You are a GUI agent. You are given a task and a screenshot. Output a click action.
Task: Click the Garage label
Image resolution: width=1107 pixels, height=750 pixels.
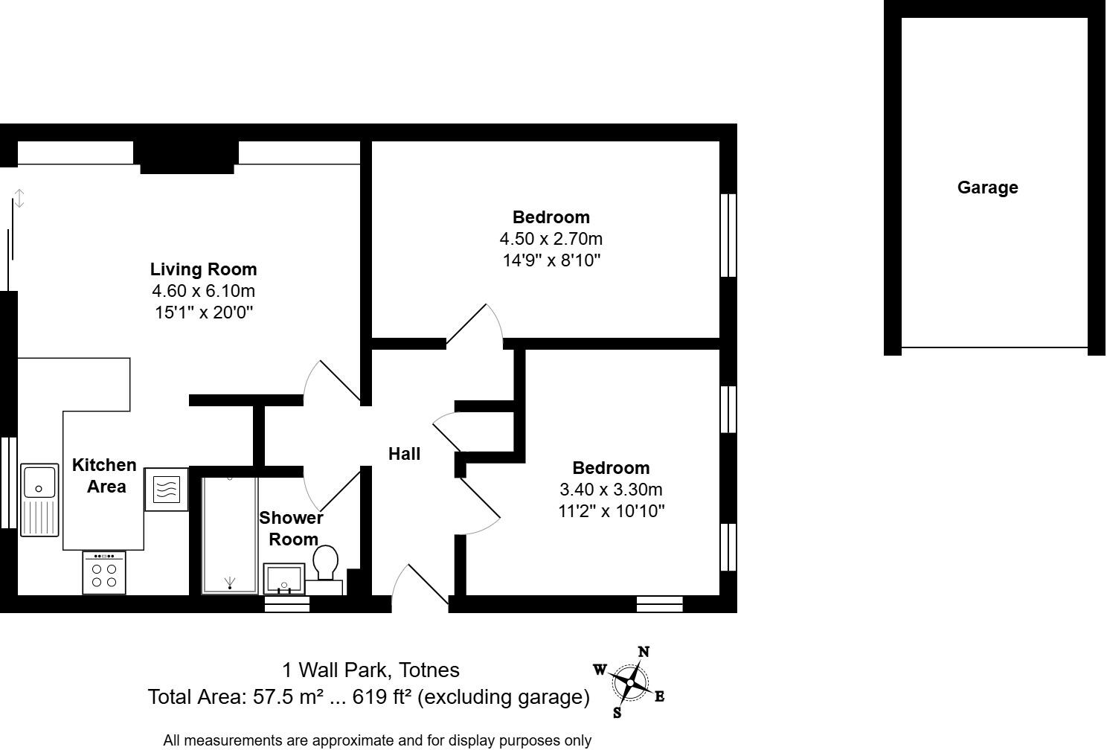(987, 187)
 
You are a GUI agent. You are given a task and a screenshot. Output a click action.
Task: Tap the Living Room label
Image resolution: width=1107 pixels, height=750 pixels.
(203, 269)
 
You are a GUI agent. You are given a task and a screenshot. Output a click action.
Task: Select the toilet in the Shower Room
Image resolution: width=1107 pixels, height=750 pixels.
(325, 562)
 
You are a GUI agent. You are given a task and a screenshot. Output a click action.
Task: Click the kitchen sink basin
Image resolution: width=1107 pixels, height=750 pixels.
(39, 481)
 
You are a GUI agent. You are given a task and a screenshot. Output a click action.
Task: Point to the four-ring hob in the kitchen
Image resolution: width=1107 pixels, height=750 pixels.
(104, 574)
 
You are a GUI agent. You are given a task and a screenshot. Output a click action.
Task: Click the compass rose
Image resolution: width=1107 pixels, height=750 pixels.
(630, 682)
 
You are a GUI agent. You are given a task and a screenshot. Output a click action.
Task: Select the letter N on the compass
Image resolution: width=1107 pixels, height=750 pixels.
(644, 653)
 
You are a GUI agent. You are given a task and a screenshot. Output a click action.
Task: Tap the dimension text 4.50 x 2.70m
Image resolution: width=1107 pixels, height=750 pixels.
(551, 239)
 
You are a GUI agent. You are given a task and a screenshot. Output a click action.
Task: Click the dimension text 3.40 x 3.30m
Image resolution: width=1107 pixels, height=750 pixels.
(611, 490)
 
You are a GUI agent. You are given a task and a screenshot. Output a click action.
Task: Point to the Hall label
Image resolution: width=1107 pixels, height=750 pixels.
(404, 454)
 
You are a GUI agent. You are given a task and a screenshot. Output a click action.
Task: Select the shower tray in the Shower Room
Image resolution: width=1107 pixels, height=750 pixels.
(230, 534)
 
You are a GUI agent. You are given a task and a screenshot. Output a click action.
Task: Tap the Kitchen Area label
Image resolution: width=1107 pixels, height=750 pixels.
(104, 475)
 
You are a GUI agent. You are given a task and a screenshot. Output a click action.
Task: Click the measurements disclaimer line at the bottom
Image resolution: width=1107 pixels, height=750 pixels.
(377, 740)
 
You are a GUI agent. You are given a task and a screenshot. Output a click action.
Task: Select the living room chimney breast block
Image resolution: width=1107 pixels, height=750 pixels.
(187, 156)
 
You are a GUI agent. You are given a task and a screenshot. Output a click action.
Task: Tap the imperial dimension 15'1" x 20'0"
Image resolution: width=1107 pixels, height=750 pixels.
(203, 312)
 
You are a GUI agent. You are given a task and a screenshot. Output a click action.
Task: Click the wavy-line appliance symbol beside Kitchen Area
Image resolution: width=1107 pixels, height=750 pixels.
(166, 489)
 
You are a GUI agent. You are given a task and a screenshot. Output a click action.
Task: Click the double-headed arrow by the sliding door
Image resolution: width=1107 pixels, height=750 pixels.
(20, 199)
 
